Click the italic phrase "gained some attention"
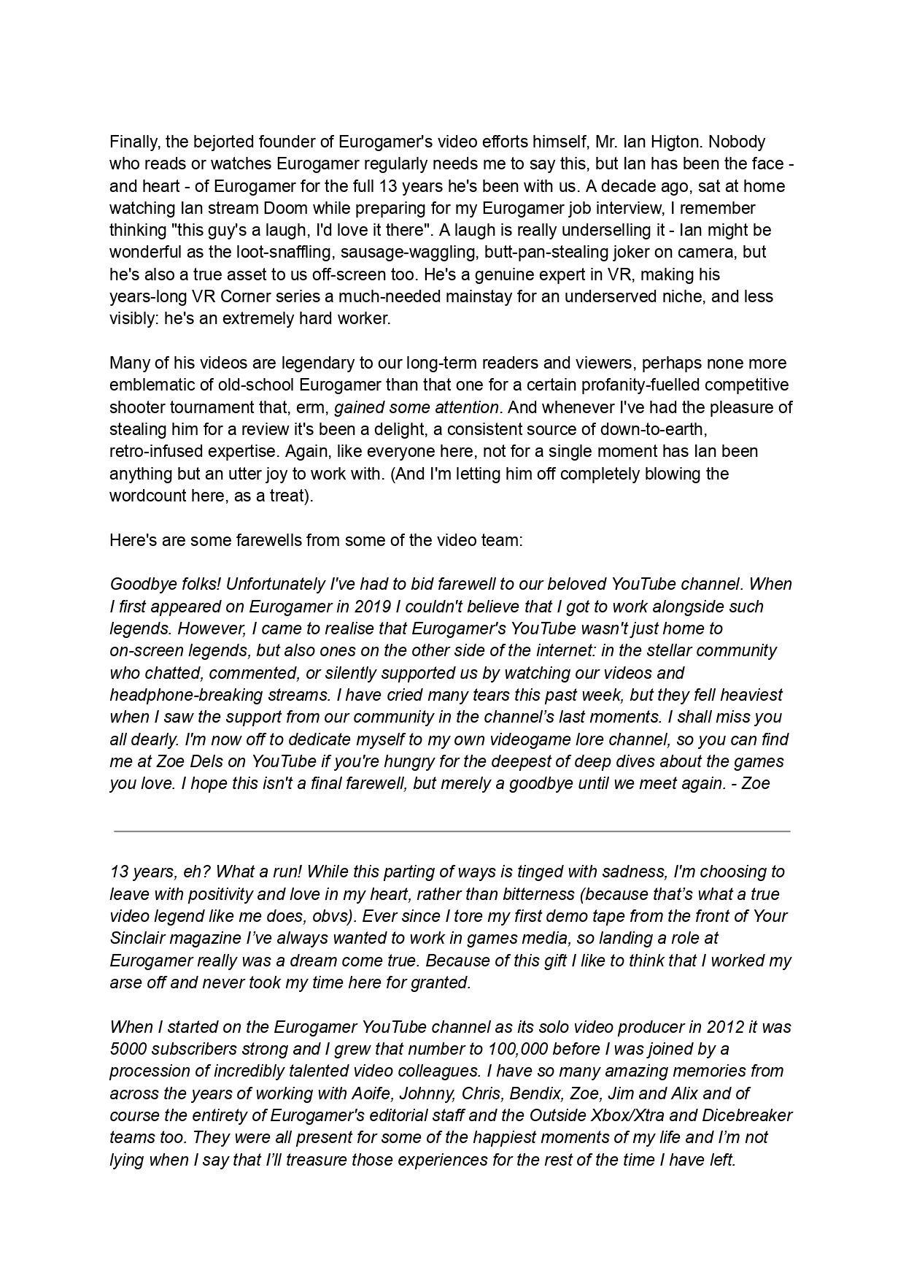point(417,407)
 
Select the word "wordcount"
point(144,496)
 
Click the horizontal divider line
point(452,831)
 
